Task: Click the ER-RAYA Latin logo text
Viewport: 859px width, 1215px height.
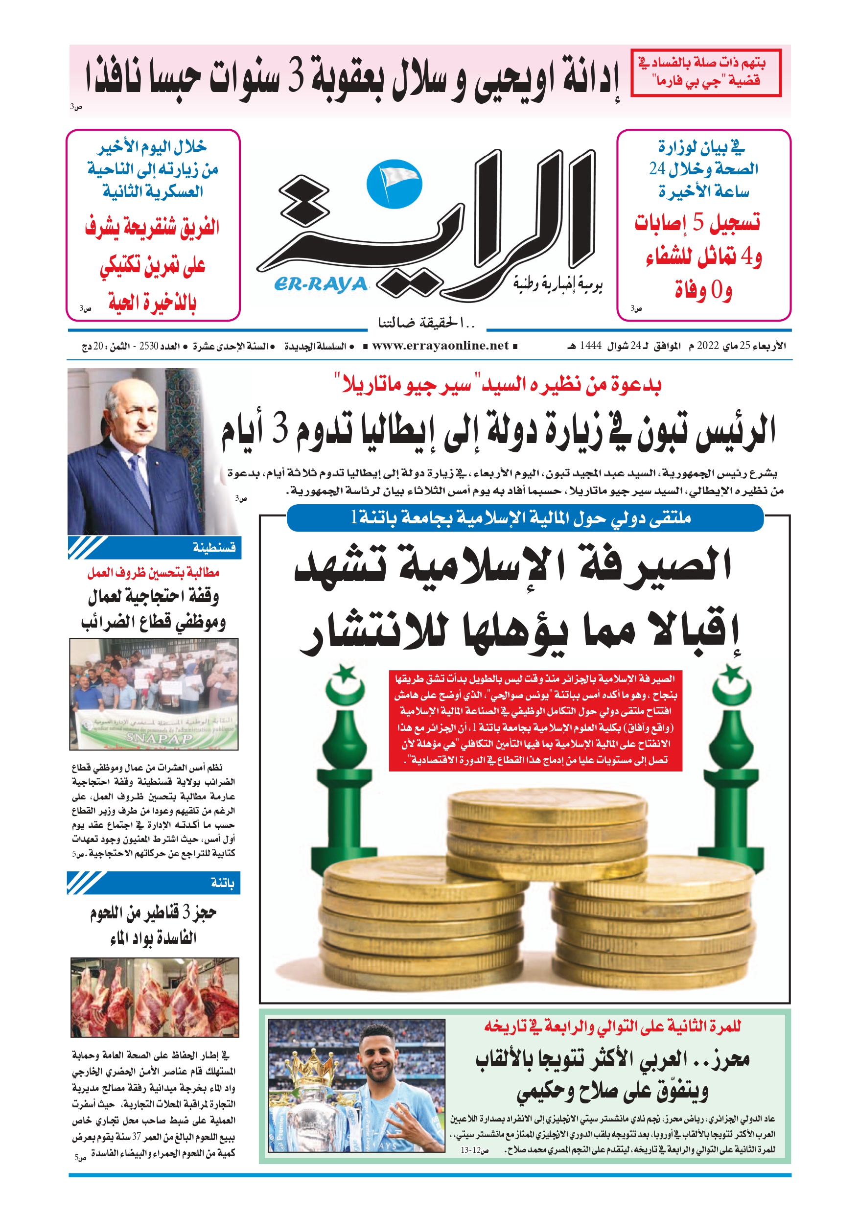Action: click(321, 285)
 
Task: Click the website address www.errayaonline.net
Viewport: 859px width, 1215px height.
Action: click(440, 346)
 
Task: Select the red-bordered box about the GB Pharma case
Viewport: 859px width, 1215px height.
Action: click(706, 73)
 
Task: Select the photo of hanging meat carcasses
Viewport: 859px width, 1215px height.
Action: click(155, 997)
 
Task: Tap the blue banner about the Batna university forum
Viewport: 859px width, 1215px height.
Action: click(525, 517)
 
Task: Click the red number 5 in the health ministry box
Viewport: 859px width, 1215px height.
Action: click(698, 223)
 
